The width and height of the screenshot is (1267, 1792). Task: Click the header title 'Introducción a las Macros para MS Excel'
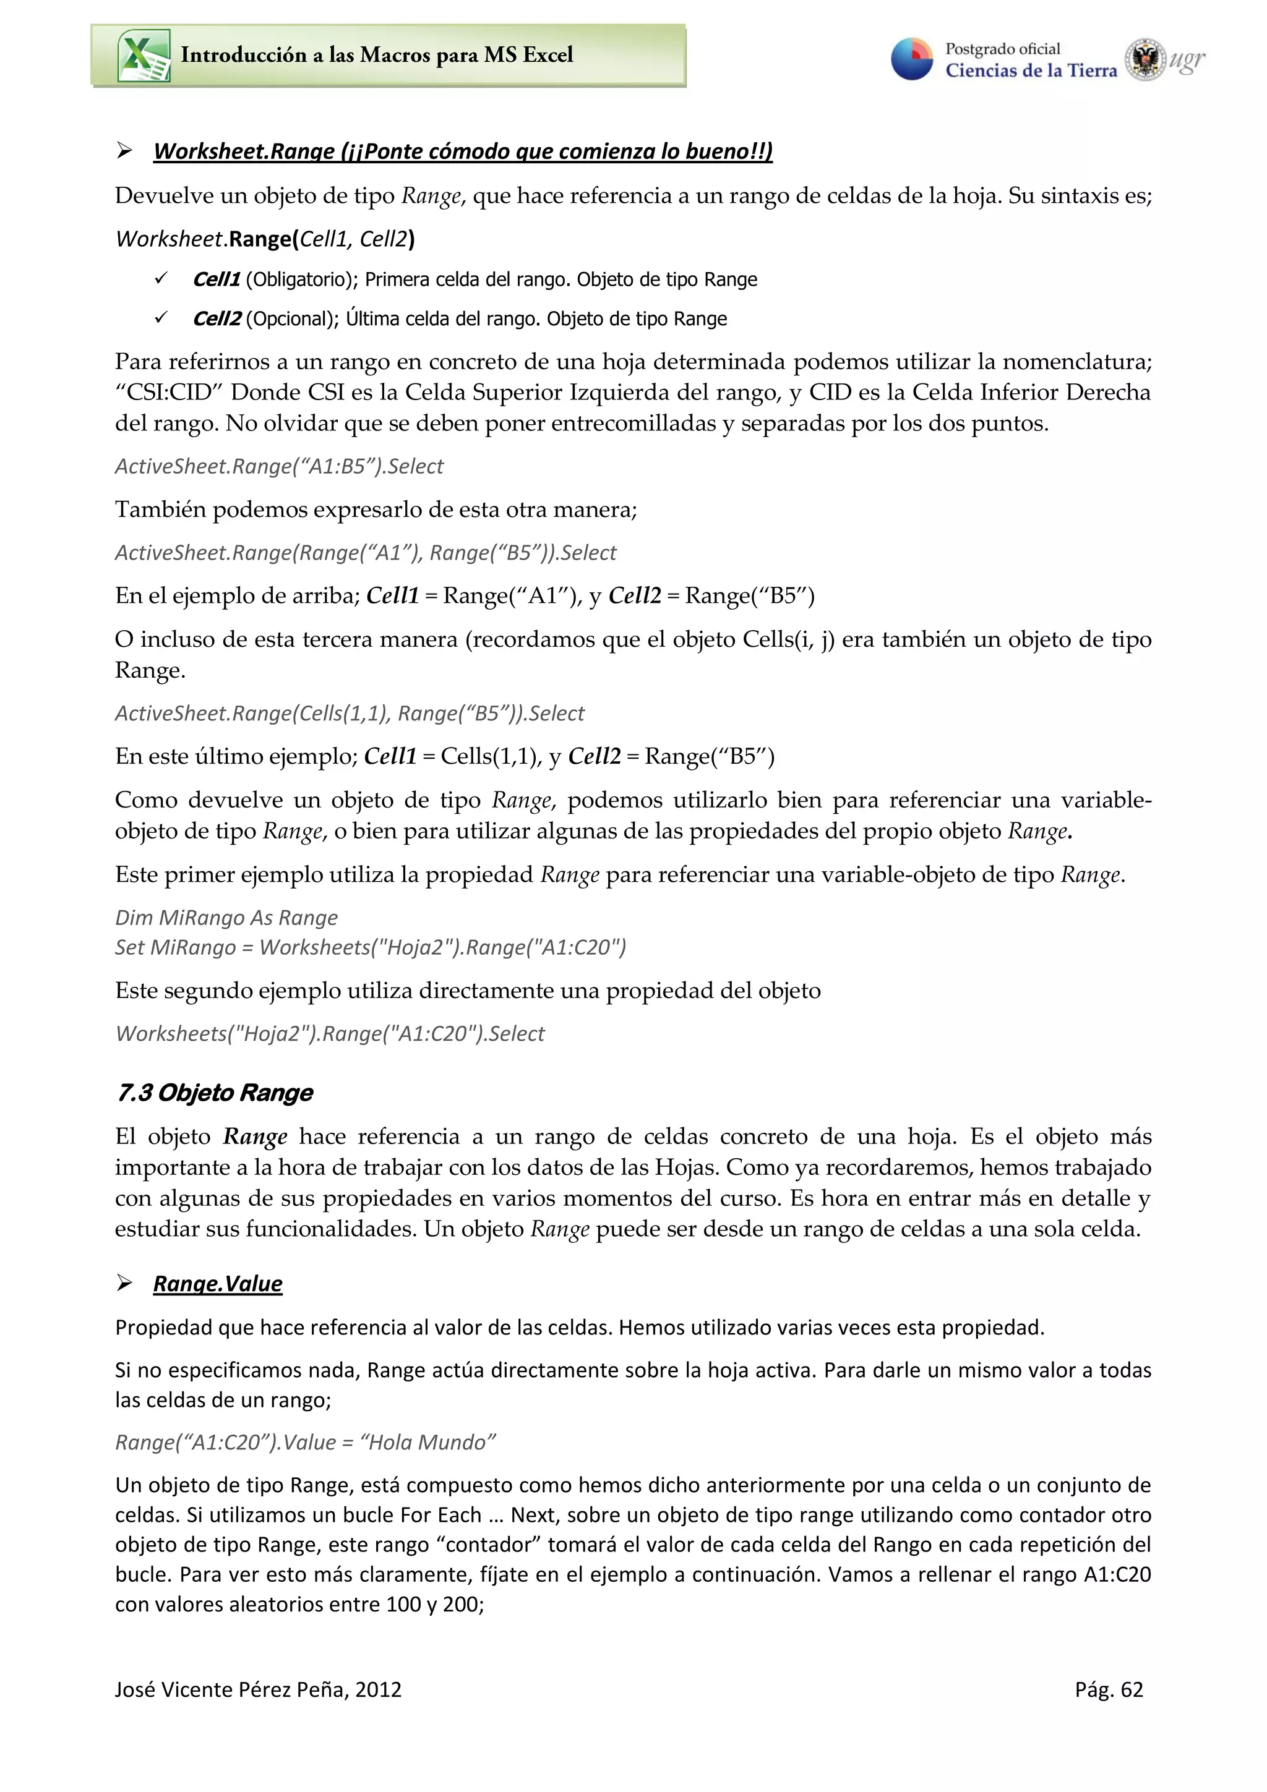coord(376,54)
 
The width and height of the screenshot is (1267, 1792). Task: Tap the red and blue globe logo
coord(912,59)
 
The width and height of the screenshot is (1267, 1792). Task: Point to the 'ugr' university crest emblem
coord(1145,59)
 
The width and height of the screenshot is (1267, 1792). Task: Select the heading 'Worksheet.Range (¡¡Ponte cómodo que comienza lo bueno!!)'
coord(462,151)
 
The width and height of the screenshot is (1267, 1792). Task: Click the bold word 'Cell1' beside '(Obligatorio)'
coord(217,279)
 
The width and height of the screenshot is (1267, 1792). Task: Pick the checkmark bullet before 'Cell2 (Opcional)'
coord(161,318)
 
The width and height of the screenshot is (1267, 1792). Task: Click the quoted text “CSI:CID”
coord(169,393)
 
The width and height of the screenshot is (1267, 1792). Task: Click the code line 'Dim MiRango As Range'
coord(226,918)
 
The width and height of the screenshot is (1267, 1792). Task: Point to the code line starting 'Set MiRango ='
coord(370,947)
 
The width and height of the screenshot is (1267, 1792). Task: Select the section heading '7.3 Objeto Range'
coord(215,1093)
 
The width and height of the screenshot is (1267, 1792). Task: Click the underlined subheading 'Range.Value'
coord(217,1284)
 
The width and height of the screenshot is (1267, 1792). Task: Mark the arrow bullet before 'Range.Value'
coord(124,1283)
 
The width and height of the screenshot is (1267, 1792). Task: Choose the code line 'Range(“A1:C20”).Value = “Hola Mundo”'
coord(305,1443)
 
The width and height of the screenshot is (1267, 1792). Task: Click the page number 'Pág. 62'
coord(1108,1690)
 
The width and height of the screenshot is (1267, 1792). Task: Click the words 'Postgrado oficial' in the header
coord(1002,49)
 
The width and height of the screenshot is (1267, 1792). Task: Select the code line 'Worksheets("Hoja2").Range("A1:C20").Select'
coord(330,1034)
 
